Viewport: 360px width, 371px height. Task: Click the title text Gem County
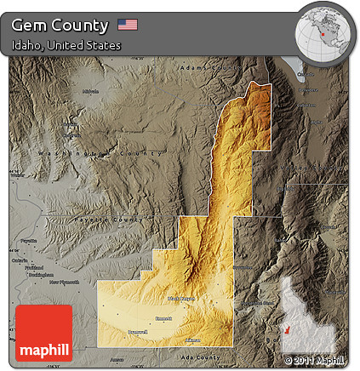60,26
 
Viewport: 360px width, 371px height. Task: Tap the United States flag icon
129,25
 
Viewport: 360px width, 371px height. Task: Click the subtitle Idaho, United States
66,45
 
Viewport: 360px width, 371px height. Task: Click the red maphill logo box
44,334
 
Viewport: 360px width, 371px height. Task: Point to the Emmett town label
163,317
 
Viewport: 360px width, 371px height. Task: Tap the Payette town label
29,241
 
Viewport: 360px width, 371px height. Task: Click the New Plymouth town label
64,282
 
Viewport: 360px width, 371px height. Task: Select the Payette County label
114,220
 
